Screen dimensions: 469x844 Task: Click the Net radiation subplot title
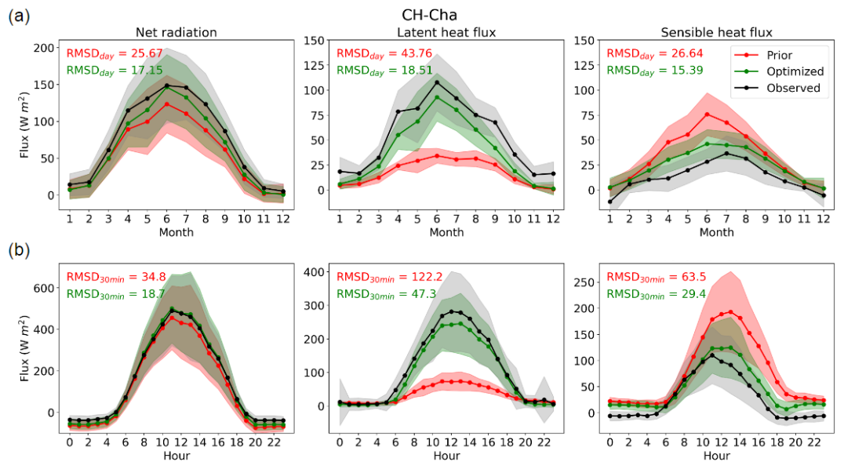[176, 32]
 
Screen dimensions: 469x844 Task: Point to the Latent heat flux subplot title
[446, 32]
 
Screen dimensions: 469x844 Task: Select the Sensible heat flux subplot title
[716, 32]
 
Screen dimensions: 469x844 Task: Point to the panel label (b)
[20, 251]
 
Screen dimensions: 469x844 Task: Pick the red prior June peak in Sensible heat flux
[707, 115]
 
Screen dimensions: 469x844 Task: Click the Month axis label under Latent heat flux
[446, 232]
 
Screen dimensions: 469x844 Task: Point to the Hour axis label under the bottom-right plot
[716, 456]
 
